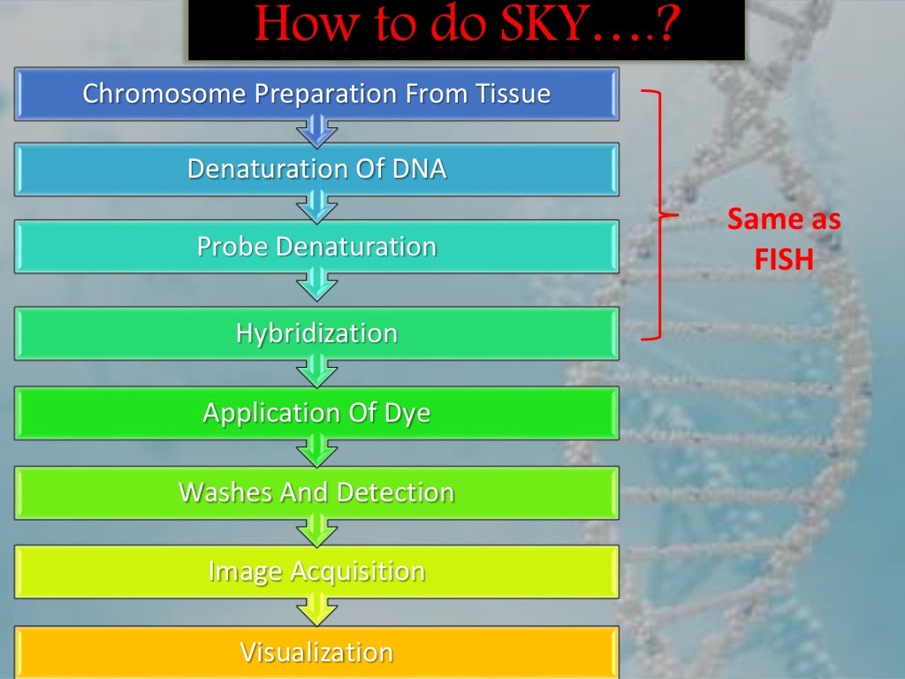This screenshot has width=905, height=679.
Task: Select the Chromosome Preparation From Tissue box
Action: coord(316,94)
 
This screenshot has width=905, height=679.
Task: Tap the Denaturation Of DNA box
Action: coord(316,169)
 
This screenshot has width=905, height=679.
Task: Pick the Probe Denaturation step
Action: coord(316,246)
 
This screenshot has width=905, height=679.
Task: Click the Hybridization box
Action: coord(316,333)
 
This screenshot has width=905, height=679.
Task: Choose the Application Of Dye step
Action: coord(316,413)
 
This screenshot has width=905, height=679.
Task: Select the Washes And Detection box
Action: coord(316,492)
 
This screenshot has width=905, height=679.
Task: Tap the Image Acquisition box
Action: coord(316,571)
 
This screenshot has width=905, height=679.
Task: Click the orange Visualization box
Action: coord(316,652)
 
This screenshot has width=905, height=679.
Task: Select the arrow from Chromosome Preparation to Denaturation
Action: coord(316,133)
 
